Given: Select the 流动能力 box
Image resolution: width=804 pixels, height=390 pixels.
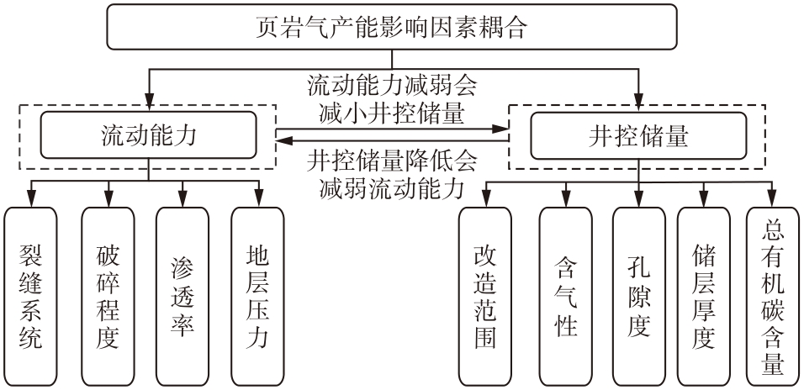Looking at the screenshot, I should click(x=148, y=135).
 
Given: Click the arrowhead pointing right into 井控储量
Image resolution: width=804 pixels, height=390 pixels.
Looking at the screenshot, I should click(x=505, y=128).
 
